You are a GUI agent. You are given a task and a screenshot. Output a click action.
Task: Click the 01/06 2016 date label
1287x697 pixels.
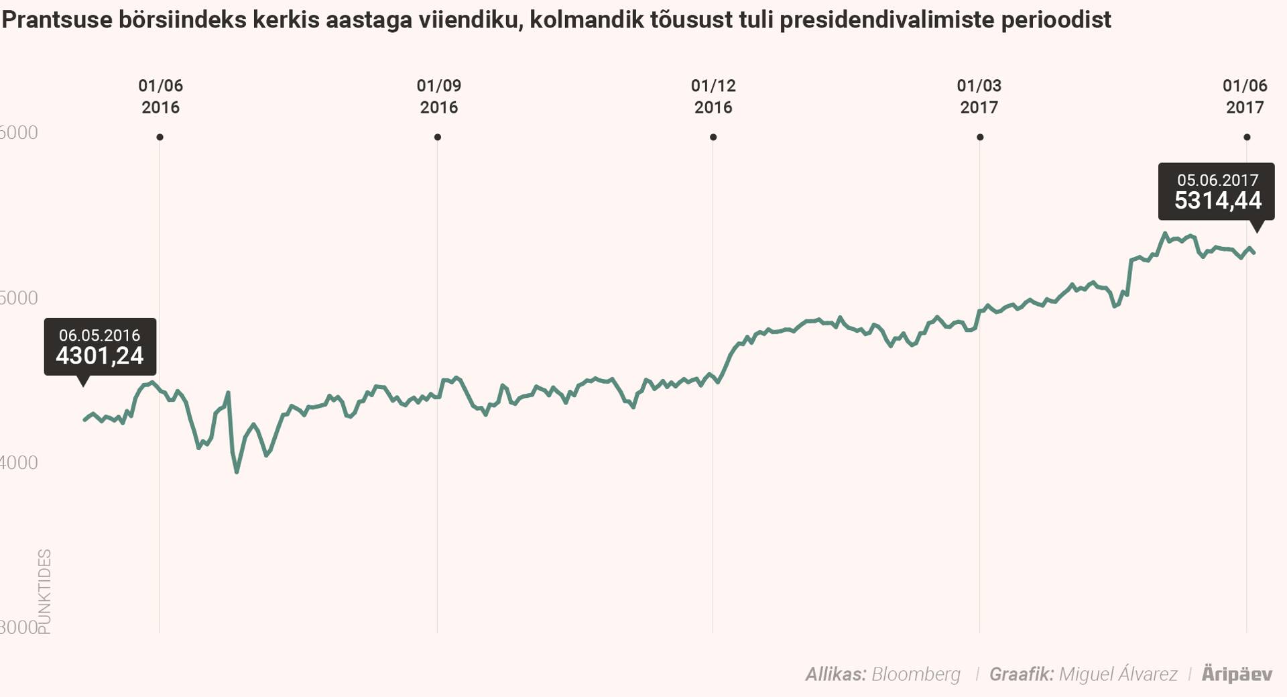160,97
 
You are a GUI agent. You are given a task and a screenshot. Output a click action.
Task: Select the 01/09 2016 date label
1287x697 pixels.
438,97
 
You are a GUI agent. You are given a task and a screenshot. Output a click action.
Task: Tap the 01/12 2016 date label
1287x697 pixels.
713,97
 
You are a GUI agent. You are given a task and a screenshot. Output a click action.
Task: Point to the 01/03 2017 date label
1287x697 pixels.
979,97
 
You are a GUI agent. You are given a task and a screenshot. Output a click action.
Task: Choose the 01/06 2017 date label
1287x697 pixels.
1245,97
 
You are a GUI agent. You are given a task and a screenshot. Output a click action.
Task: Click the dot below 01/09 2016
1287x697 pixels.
438,138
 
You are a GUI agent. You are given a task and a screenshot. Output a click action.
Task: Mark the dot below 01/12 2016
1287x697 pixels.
713,138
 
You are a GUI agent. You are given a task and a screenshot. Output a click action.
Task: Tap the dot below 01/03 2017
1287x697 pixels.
980,138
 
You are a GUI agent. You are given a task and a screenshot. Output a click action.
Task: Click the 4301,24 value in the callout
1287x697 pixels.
99,356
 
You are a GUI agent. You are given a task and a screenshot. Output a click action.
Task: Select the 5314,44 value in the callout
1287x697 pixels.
1217,201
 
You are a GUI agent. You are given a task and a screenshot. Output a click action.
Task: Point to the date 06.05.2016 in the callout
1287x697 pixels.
99,335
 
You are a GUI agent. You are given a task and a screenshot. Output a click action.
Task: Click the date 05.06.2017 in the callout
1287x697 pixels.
1217,180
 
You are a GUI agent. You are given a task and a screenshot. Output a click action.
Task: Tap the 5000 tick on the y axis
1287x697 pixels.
19,297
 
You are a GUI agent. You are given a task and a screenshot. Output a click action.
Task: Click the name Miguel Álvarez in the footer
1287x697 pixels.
1117,674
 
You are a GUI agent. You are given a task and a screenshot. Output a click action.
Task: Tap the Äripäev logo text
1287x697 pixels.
1236,674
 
